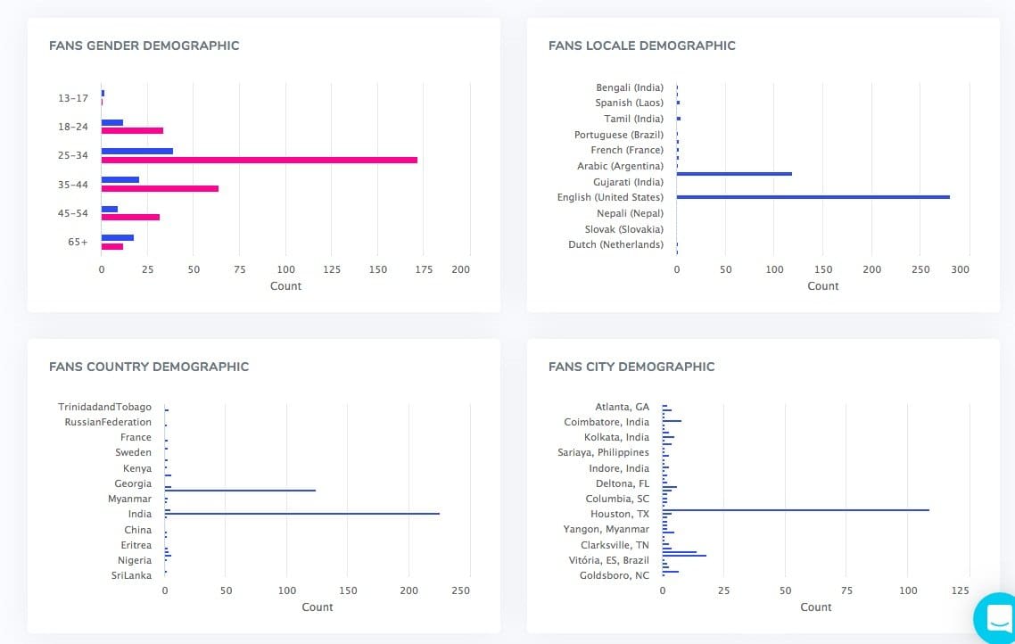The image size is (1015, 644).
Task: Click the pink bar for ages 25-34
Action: click(259, 161)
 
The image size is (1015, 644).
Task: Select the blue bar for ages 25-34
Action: click(136, 151)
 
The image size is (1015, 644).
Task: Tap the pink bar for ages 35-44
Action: click(160, 189)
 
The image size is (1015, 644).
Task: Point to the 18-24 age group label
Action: click(73, 127)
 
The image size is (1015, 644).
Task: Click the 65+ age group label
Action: click(78, 242)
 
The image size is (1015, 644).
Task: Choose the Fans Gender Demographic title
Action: click(144, 45)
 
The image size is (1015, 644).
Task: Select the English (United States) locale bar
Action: click(813, 197)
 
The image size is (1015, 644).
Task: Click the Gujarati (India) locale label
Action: click(628, 182)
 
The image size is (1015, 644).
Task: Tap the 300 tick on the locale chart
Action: click(960, 269)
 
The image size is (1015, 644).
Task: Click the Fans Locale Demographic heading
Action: click(641, 45)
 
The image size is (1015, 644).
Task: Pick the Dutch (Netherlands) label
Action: click(615, 244)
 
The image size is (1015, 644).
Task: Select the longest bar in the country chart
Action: click(301, 514)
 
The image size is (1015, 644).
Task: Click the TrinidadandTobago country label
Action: click(104, 407)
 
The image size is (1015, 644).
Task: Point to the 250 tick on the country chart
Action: click(460, 590)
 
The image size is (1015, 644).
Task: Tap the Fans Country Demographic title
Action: click(149, 367)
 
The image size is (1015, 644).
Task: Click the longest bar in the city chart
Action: click(796, 510)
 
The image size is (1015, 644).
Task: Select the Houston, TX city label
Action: click(619, 514)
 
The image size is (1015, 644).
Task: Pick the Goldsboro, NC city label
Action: click(615, 575)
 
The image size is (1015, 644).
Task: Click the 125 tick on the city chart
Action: click(960, 590)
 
